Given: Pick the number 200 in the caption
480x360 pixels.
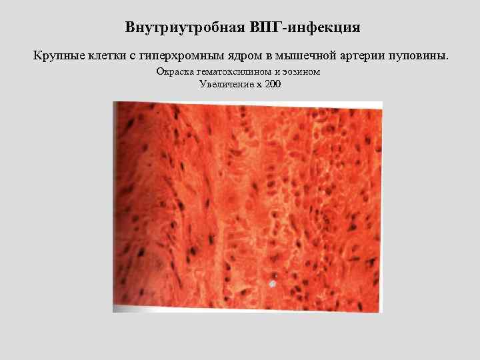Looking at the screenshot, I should [272, 83].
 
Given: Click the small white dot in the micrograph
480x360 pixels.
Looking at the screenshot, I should [271, 284].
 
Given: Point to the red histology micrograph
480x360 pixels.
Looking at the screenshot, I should [247, 207].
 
